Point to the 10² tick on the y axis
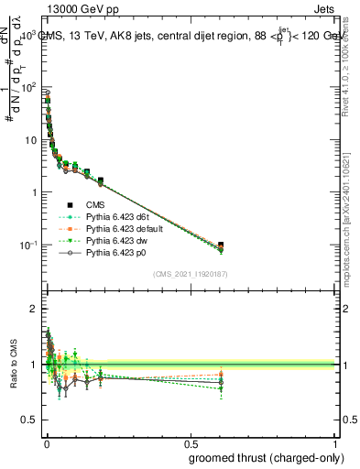coord(30,88)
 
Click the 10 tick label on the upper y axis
coord(32,140)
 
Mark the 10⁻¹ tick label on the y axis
coord(30,245)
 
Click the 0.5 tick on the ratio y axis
coord(30,420)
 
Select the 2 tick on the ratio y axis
coord(35,309)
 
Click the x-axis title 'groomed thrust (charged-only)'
coord(266,457)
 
